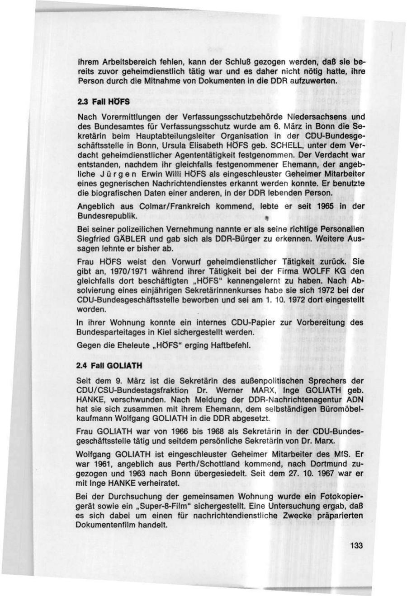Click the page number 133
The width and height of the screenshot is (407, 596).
[x=356, y=545]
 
